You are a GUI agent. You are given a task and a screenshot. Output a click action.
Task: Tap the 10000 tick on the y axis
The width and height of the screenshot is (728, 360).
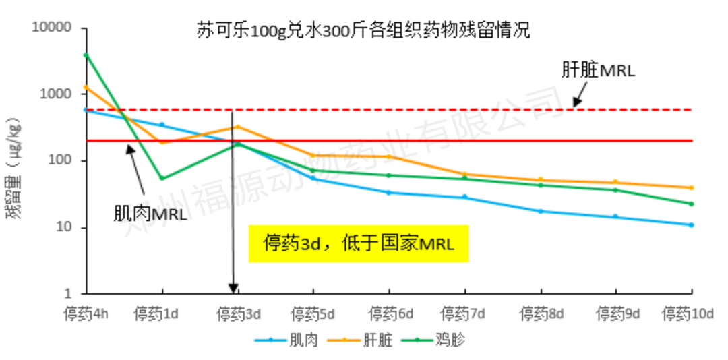coord(52,28)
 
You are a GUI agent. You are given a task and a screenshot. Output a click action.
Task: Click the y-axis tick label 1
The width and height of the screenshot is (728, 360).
coord(67,294)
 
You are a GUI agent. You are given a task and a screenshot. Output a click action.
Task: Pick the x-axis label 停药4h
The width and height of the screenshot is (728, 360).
coord(86,314)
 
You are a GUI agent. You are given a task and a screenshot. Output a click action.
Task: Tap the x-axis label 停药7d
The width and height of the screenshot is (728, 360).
coord(464,314)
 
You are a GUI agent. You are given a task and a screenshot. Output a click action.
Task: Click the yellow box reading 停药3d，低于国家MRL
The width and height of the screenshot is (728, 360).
coord(358,243)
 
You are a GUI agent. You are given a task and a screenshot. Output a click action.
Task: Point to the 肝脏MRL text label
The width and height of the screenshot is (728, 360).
coord(598,70)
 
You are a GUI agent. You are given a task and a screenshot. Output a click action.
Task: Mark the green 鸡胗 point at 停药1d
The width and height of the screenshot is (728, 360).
coord(162,179)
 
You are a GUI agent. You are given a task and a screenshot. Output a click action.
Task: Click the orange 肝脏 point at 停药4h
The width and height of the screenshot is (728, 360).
coord(86,87)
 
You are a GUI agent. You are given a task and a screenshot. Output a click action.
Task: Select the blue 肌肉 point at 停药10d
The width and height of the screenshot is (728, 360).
coord(692,224)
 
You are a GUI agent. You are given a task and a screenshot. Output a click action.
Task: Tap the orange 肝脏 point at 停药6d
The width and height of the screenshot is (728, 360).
coord(389,157)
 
